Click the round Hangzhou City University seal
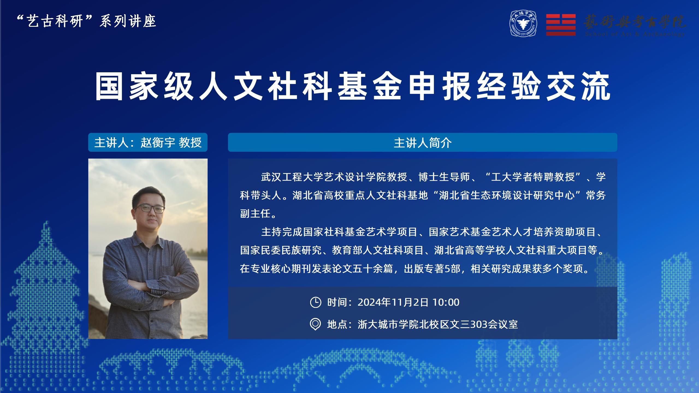[x=523, y=24]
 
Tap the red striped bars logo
[x=561, y=25]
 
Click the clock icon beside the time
[x=316, y=302]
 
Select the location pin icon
[x=316, y=324]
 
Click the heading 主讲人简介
[x=423, y=143]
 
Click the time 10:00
[x=446, y=302]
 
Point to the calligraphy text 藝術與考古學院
[x=635, y=22]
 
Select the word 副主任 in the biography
[x=256, y=214]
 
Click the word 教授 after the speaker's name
[x=190, y=142]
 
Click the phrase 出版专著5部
[x=432, y=269]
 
